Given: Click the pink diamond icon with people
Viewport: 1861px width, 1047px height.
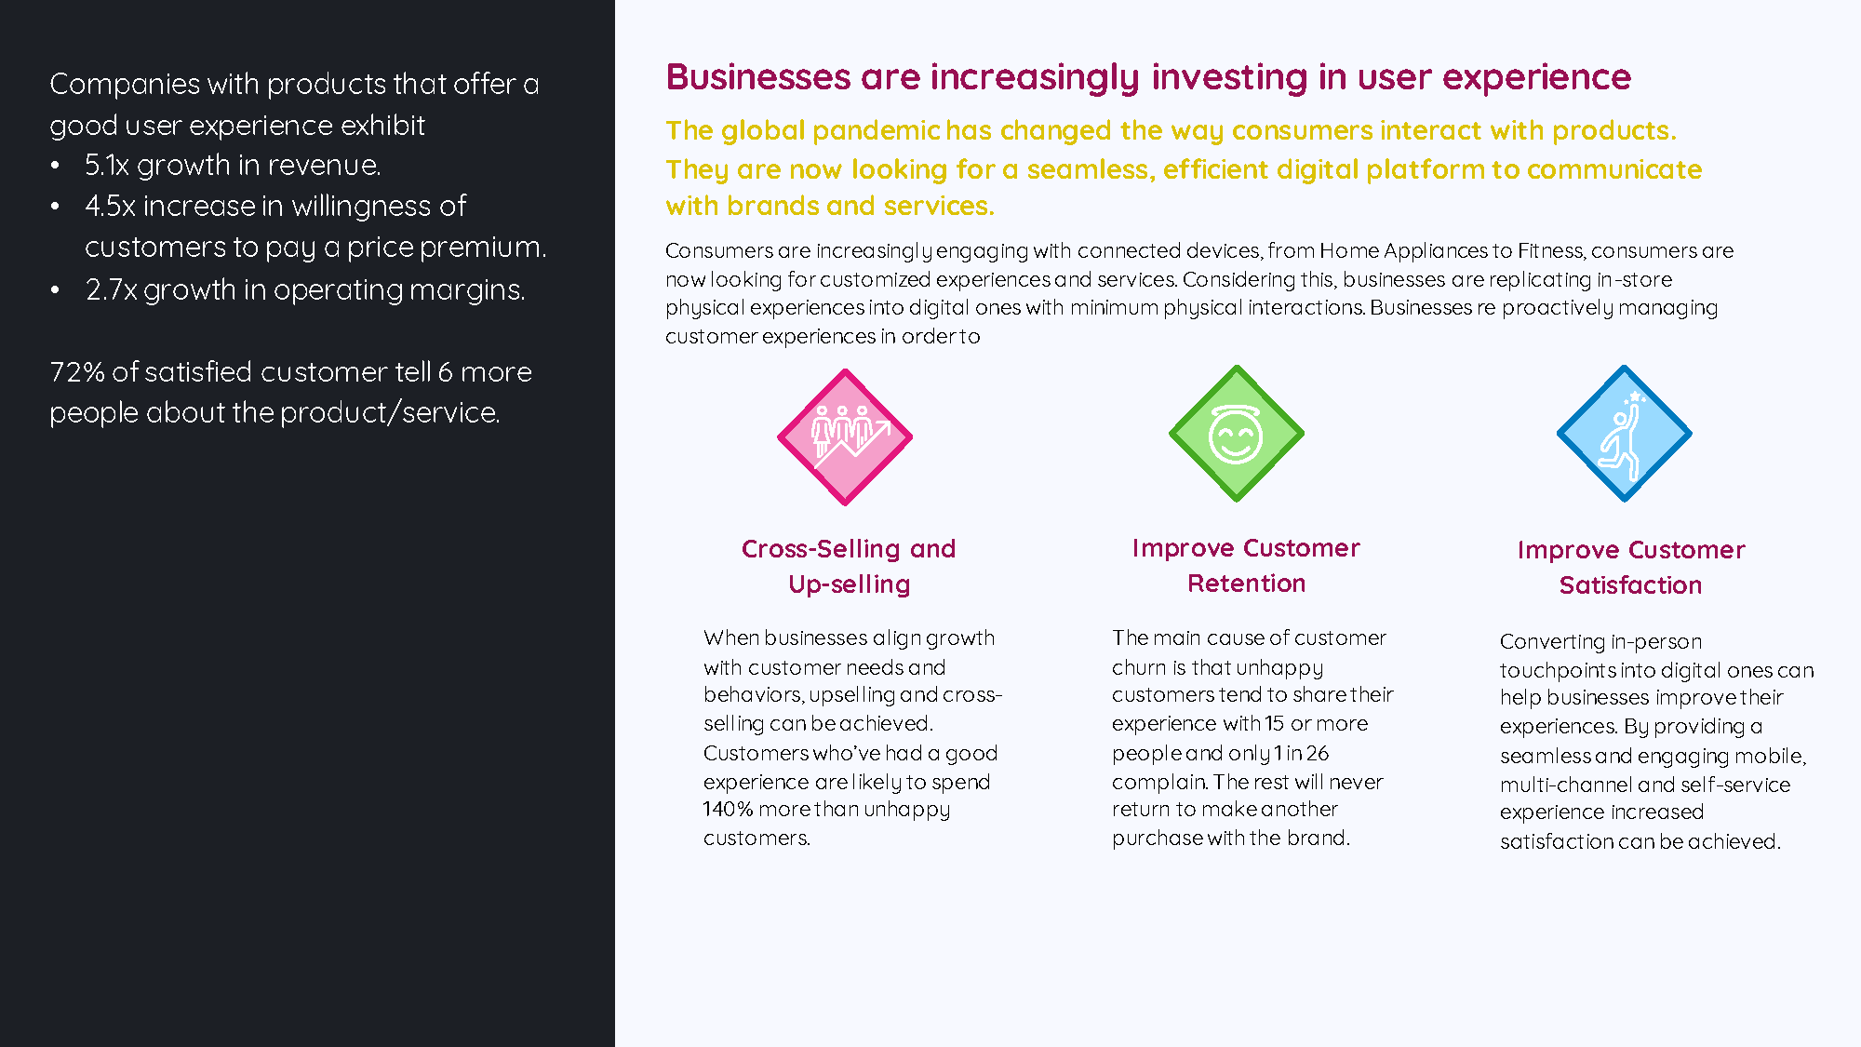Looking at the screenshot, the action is [845, 436].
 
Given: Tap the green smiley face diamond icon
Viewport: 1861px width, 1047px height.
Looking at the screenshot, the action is [1237, 433].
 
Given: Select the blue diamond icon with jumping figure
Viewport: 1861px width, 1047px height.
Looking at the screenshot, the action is [1625, 433].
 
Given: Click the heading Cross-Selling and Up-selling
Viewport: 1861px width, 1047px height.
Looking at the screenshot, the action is [849, 566].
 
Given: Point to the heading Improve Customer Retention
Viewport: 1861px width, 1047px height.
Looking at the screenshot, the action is [1246, 565].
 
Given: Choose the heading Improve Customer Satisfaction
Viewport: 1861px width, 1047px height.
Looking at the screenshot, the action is [1631, 567].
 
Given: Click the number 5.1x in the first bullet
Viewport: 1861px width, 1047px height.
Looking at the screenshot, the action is [107, 165].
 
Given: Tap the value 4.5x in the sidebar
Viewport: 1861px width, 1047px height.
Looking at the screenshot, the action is [110, 206].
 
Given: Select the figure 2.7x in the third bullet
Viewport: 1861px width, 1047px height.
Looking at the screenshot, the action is [111, 289].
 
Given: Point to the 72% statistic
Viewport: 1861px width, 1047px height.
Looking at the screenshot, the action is [77, 371].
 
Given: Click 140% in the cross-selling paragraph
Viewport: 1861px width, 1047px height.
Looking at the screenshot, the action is [728, 809].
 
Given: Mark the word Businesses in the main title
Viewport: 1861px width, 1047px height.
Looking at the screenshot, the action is [758, 76].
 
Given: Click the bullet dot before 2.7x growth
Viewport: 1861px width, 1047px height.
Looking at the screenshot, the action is [56, 290].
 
